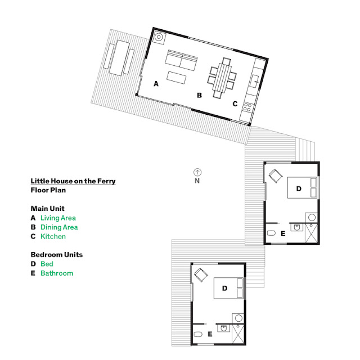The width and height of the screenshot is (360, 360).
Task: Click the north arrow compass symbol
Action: [x=197, y=172]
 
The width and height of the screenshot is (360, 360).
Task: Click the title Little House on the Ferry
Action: [x=73, y=181]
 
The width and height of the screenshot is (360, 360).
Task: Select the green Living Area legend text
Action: [x=58, y=218]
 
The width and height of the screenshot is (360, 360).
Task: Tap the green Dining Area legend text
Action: [x=59, y=227]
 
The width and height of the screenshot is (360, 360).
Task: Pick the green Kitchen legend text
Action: [x=53, y=236]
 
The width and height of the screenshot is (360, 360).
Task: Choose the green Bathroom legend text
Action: [x=57, y=273]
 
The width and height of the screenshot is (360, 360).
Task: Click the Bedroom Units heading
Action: [x=57, y=255]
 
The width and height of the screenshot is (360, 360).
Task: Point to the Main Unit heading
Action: [x=47, y=209]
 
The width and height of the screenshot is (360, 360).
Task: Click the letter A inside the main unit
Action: [x=156, y=84]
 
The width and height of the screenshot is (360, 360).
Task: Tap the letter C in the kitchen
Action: [x=235, y=103]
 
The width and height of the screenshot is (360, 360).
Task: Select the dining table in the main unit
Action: [x=222, y=78]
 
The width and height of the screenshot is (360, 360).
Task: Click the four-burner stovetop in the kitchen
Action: [x=247, y=107]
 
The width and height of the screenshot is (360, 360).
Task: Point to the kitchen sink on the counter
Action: [x=254, y=81]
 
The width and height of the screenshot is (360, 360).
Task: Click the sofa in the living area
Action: [x=181, y=60]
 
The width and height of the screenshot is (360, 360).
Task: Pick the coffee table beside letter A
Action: [x=176, y=78]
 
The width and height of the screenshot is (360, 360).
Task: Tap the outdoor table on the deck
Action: [x=119, y=58]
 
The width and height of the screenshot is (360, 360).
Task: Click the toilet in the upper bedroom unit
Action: [x=271, y=233]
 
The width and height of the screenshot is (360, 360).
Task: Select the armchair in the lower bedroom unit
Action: [x=201, y=275]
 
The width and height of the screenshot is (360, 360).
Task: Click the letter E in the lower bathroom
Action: [x=210, y=334]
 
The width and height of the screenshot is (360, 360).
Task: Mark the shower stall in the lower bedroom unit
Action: [x=237, y=334]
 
